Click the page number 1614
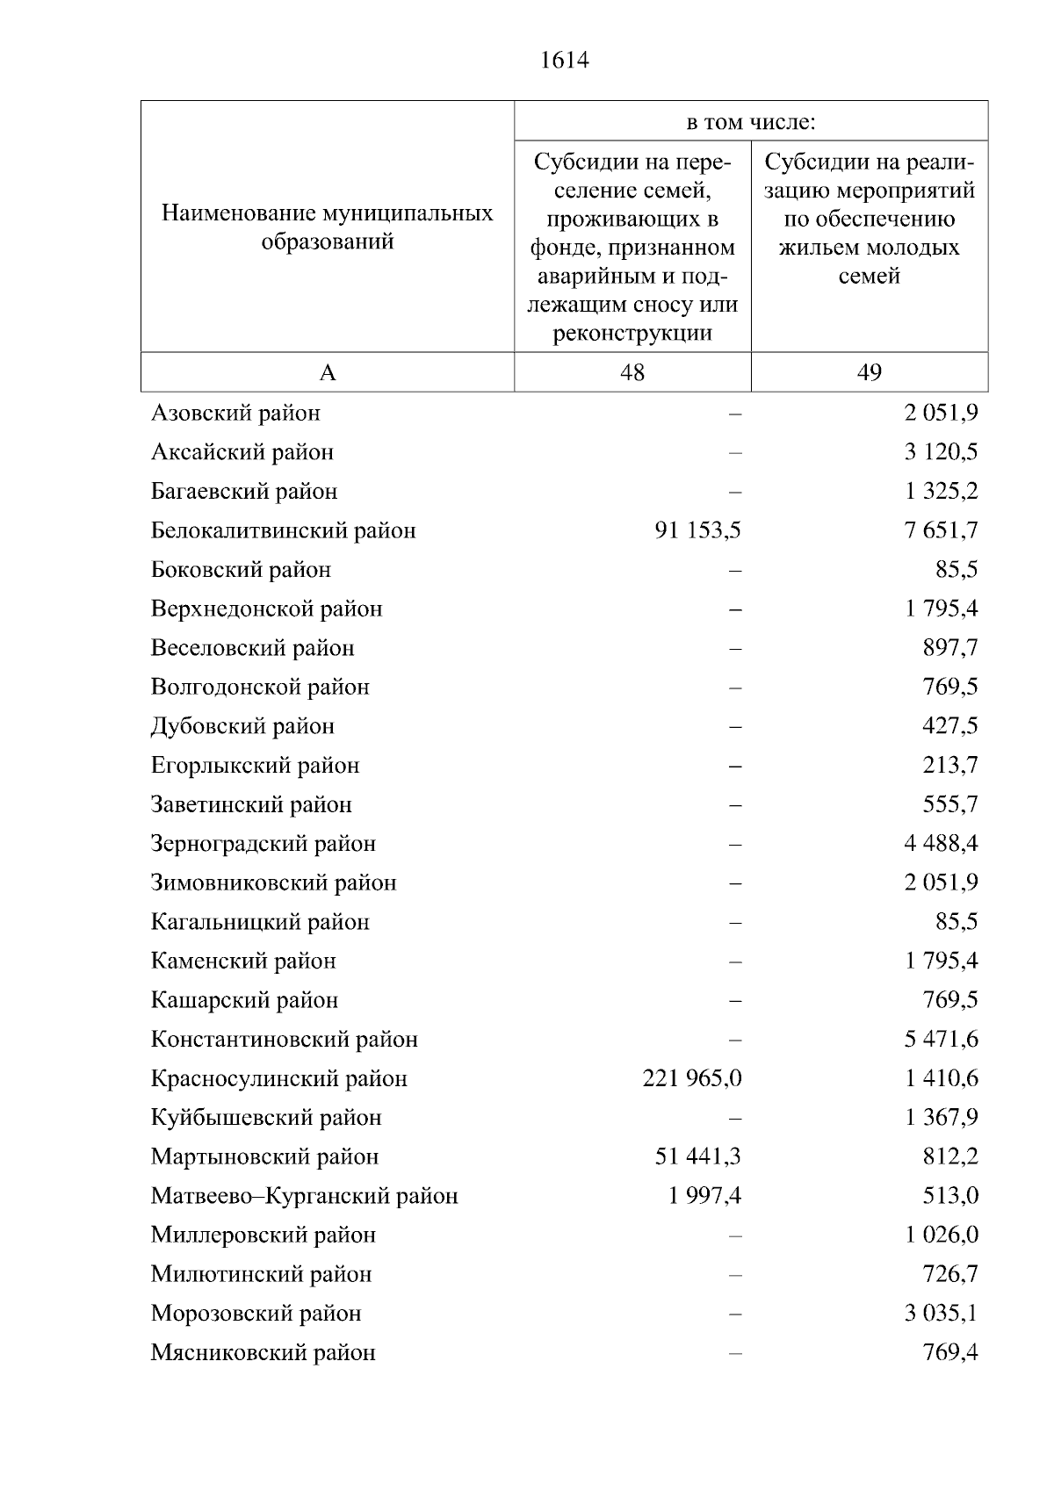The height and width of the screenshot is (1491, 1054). click(x=564, y=61)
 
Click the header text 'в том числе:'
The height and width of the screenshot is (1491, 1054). click(x=751, y=122)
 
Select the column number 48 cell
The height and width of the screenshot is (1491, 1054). click(x=632, y=372)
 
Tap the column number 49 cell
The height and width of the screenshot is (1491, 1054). click(x=869, y=372)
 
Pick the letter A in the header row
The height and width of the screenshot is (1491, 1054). click(x=327, y=372)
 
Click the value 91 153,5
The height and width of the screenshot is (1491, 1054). click(x=697, y=530)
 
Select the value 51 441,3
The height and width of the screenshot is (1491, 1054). click(x=697, y=1156)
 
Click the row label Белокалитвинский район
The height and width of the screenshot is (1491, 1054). click(x=283, y=530)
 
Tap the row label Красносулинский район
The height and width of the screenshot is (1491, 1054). click(x=278, y=1078)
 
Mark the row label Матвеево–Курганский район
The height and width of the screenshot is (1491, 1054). click(x=304, y=1196)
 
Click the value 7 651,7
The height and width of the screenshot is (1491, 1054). click(x=941, y=530)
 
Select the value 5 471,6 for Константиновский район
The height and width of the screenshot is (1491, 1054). click(x=941, y=1039)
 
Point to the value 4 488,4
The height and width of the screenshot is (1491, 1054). click(x=941, y=844)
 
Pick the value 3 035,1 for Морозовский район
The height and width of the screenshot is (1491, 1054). click(x=941, y=1314)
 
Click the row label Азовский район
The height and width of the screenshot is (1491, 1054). click(x=235, y=413)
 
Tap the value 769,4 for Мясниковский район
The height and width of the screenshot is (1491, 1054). click(x=949, y=1352)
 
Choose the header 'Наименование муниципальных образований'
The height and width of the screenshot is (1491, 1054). click(x=327, y=227)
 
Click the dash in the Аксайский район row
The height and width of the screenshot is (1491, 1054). click(x=735, y=453)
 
